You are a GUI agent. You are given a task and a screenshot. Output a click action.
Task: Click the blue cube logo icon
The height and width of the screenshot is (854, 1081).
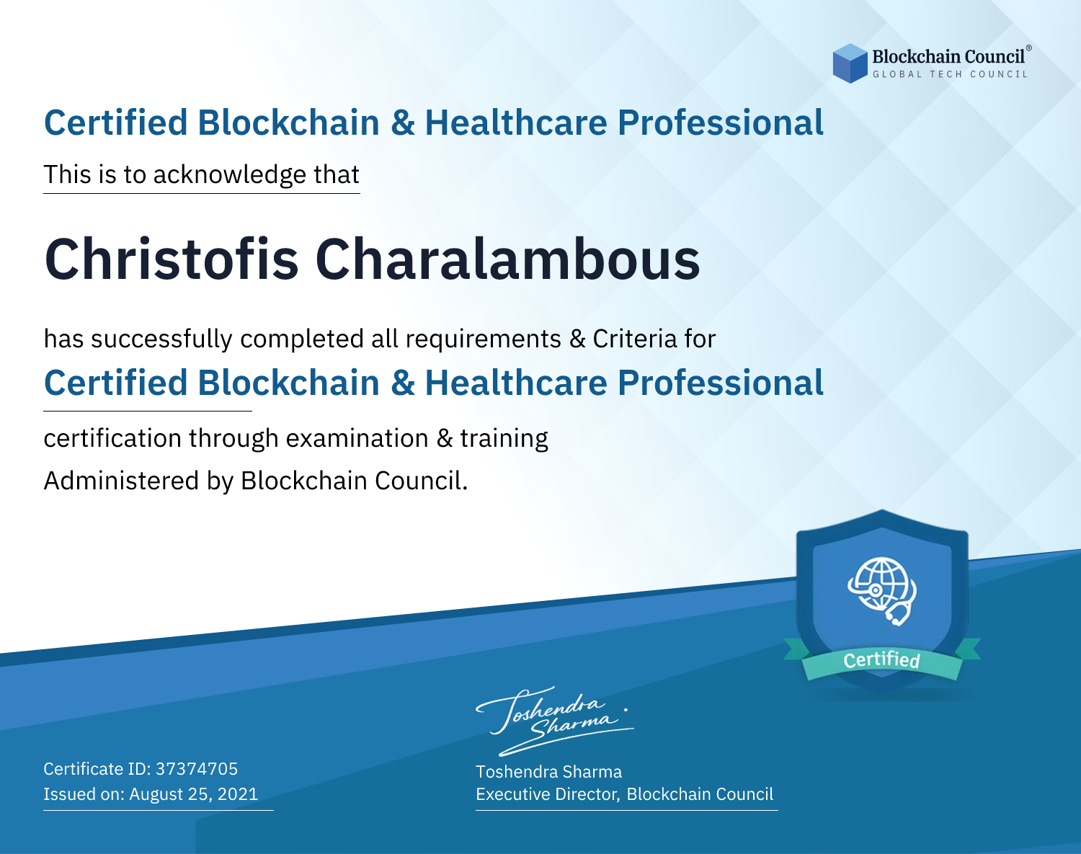pos(850,63)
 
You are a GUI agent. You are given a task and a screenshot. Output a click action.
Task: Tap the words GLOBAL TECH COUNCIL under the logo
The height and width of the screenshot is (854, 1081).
pos(950,74)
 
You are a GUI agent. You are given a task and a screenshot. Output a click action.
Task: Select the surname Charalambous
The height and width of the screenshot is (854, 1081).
pos(508,259)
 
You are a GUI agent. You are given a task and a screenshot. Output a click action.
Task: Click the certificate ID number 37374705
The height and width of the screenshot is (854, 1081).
pos(197,768)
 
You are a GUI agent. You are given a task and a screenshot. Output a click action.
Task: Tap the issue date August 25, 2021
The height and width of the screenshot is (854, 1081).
pos(193,793)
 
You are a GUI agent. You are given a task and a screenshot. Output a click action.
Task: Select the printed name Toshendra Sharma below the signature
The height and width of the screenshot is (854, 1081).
pos(548,772)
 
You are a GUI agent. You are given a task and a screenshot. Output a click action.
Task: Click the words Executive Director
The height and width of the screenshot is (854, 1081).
pos(547,794)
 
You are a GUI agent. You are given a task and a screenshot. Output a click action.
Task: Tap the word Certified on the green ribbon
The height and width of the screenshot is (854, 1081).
pos(881,659)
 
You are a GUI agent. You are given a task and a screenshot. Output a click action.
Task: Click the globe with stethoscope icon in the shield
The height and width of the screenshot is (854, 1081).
pos(882,591)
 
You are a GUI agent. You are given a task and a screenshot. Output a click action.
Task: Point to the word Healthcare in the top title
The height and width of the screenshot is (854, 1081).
pos(517,123)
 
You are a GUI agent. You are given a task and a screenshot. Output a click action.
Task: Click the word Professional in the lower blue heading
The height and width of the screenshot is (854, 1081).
pos(721,383)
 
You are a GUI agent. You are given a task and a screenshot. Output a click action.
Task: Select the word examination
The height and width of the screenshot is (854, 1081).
pos(357,438)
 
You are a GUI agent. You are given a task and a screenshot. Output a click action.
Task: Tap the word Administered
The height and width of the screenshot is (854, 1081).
pos(122,480)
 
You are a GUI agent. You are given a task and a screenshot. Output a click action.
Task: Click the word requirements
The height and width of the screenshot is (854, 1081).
pos(484,339)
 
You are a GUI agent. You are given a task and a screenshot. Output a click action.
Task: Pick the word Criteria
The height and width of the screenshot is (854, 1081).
pos(634,339)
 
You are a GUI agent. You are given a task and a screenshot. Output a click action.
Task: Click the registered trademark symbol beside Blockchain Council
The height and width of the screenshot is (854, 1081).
pos(1029,48)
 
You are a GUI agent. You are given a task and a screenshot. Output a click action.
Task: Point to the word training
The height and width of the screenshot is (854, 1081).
pos(504,438)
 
